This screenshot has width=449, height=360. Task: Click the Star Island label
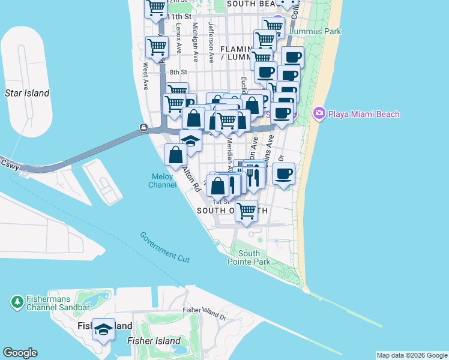coord(27,93)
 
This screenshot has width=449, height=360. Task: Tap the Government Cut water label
coord(165,247)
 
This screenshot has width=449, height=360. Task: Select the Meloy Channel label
coord(162,181)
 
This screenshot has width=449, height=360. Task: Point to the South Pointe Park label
coord(245,258)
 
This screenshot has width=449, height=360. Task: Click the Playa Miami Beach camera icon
coord(319,113)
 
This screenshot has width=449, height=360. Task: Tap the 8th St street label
coord(178,72)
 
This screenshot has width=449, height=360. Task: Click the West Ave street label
coord(145,77)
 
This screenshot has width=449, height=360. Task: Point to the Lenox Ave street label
coord(179,41)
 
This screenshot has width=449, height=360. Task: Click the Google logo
coord(20,353)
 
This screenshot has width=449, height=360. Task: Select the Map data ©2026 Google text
coord(411,355)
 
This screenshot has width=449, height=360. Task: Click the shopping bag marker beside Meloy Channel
coord(175,155)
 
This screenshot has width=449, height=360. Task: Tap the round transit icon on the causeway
coord(143,127)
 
